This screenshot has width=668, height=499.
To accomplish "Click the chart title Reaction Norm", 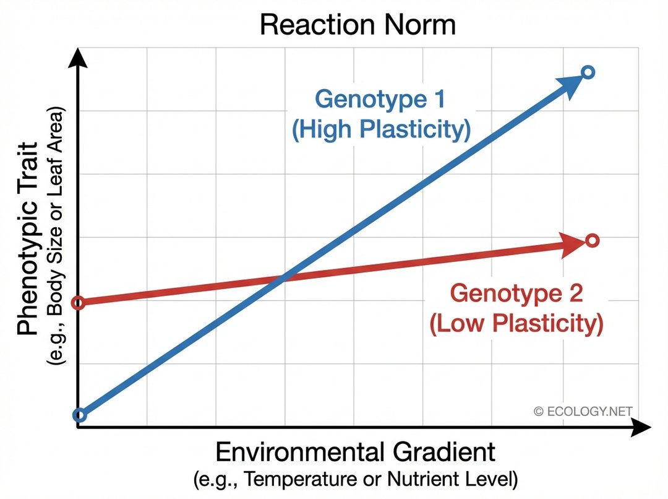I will (358, 25).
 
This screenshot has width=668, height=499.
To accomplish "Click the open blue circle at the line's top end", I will (588, 73).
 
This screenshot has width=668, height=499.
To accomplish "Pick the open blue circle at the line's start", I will (79, 415).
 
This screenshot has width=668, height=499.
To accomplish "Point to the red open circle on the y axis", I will (78, 303).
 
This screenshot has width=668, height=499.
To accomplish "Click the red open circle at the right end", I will (592, 240).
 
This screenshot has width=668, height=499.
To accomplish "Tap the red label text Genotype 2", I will (516, 293).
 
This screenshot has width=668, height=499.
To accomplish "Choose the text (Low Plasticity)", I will (516, 324).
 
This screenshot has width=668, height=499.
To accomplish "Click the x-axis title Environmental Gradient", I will (355, 452).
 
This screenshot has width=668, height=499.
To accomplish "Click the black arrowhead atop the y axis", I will (77, 57).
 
